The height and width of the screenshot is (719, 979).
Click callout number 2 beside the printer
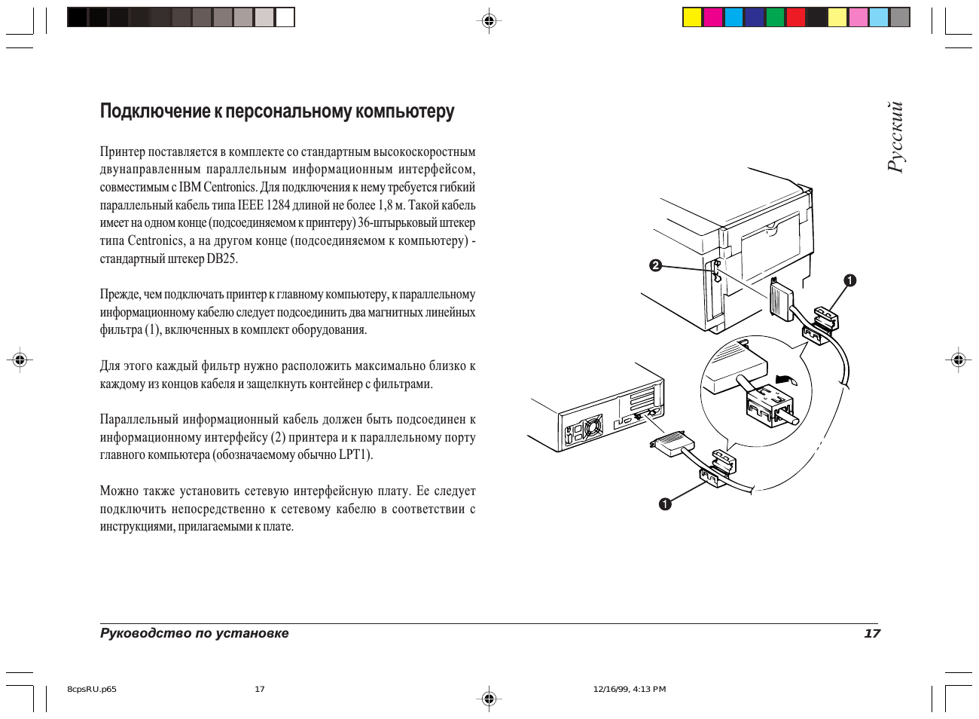tap(655, 265)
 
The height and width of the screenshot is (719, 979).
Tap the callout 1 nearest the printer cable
tap(850, 281)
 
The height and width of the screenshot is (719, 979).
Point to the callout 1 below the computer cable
tap(665, 504)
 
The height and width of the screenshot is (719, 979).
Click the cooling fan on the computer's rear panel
tap(591, 427)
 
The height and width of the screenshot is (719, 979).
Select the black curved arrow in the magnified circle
tap(785, 377)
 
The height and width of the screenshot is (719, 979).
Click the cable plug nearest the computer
tap(672, 445)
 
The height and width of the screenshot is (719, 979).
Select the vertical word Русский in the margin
tap(895, 137)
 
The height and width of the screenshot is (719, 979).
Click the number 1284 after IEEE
tap(278, 205)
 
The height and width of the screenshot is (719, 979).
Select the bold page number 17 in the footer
tap(871, 633)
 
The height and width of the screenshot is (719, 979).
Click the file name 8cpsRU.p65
tap(92, 689)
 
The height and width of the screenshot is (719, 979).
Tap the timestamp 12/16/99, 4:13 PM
tap(630, 689)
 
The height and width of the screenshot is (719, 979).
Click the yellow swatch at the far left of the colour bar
tap(692, 17)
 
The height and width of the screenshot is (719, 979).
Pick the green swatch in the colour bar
tap(775, 17)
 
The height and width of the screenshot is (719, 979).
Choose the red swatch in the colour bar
tap(796, 17)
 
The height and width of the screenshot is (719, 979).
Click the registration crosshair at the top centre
tap(489, 21)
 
